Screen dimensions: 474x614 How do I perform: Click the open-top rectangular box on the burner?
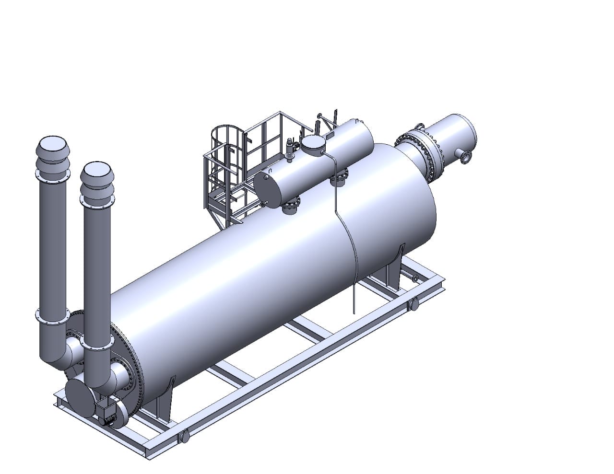click(x=106, y=410)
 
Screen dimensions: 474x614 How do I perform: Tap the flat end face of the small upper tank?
click(x=269, y=189)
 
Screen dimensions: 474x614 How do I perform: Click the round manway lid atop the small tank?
click(x=313, y=142)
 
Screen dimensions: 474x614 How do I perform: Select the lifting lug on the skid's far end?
click(x=413, y=304)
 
